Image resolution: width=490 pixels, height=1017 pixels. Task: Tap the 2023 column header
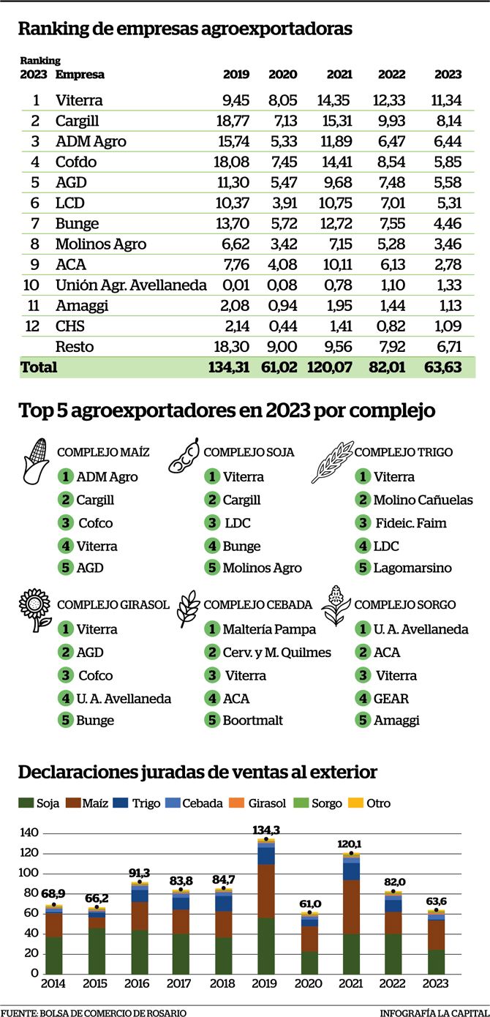click(448, 74)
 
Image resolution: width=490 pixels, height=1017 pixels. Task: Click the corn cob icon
click(36, 461)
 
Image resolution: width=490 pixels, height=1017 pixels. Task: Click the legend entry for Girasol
click(266, 803)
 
